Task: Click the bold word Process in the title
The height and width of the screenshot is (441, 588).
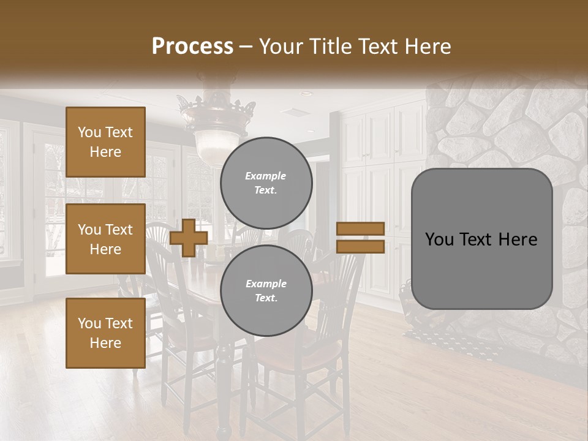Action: (x=192, y=46)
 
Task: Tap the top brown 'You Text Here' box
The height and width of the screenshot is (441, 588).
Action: (x=105, y=142)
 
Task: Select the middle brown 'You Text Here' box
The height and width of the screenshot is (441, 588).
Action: (x=105, y=239)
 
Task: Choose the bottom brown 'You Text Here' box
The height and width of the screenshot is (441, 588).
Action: (x=105, y=333)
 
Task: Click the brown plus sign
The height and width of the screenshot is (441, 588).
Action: (x=189, y=238)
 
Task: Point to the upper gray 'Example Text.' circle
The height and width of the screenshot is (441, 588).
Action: (x=266, y=183)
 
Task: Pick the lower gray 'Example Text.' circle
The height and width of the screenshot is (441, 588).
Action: (x=266, y=290)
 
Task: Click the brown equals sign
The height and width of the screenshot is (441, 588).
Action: (x=361, y=238)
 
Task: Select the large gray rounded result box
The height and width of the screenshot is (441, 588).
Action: (x=481, y=239)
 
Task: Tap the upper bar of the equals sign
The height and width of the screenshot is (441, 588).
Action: (x=361, y=229)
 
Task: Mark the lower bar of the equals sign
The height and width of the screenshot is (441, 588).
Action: (x=361, y=246)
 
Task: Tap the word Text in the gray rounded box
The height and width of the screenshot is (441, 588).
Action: (x=481, y=239)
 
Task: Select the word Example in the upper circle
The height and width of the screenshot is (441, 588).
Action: (x=266, y=176)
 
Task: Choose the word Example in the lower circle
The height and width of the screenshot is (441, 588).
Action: (x=266, y=284)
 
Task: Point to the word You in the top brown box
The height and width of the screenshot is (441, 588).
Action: (x=89, y=132)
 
